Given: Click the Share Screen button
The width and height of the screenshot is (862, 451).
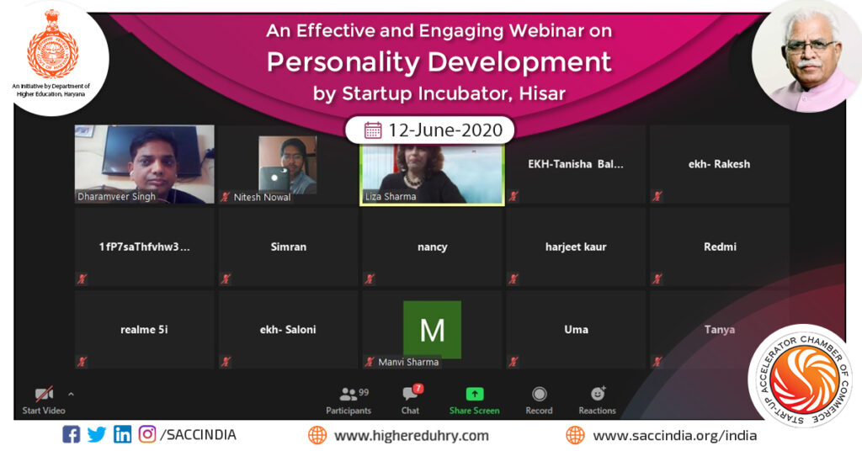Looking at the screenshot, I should pos(474,400).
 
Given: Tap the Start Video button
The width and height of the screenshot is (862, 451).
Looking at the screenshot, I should pos(44,400).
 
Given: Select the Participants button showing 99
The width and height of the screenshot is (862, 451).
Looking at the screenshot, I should pos(349,400).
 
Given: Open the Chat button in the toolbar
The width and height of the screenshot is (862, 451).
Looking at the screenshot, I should pos(411,400).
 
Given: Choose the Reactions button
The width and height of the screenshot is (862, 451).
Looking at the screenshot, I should pos(597,400).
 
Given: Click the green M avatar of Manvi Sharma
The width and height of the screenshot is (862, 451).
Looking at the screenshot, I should pos(432,329).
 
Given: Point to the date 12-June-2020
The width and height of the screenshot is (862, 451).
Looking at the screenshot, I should pos(444,130).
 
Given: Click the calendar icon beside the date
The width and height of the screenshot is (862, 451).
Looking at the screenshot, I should pos(372,130).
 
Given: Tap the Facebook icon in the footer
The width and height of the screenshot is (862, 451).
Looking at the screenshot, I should pos(72,435).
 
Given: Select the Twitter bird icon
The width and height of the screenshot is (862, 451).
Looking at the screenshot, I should pos(97,435).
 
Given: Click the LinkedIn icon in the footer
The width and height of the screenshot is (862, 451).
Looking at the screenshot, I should pos(122,435).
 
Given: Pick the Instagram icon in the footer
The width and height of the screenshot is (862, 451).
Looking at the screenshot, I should pos(147,435).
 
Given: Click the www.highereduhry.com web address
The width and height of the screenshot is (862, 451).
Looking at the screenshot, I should pos(411,436).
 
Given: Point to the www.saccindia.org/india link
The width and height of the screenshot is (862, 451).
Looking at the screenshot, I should pos(674,436).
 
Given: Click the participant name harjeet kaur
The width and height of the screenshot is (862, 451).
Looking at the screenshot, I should pos(576,247).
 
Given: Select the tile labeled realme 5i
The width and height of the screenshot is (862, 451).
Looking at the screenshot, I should pos(144,330).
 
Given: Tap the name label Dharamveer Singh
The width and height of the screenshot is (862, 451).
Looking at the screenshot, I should pos(116,197).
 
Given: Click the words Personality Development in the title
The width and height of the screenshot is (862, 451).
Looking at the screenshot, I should pos(439,62).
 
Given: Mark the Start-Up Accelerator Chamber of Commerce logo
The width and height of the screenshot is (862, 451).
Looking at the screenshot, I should pos(799,375).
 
